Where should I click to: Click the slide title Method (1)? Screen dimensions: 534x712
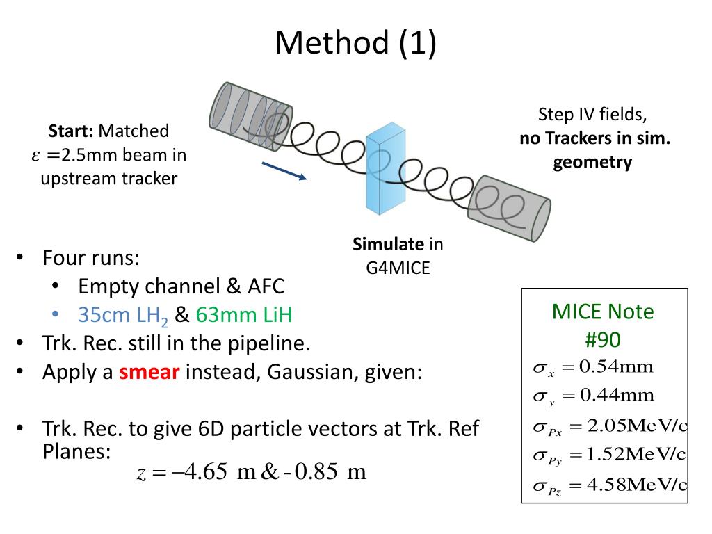[x=355, y=42]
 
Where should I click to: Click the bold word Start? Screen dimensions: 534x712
[x=72, y=131]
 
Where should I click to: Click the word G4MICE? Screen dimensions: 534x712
[x=398, y=267]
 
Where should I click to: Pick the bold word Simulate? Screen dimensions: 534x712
[x=388, y=244]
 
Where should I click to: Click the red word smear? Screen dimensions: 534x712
[x=149, y=371]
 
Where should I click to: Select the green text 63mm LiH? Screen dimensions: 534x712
[x=243, y=315]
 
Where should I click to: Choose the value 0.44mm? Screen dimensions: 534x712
[x=617, y=396]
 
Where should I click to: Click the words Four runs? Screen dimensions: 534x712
[x=91, y=259]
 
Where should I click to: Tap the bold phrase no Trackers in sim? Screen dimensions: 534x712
[x=594, y=138]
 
